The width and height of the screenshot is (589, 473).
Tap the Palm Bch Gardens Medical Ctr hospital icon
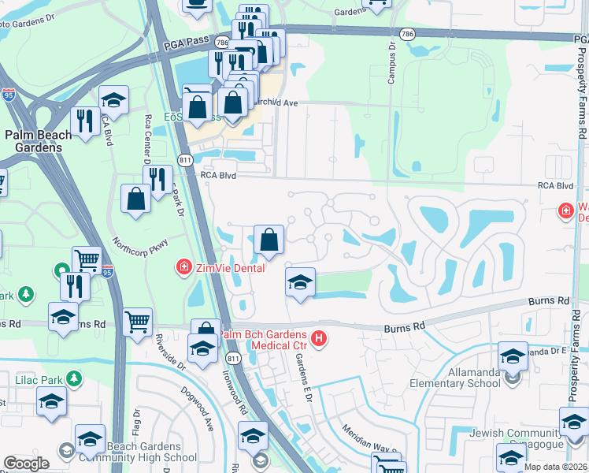[319, 340]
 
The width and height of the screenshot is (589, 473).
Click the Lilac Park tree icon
[73, 379]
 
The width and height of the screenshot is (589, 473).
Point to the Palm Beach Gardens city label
[39, 141]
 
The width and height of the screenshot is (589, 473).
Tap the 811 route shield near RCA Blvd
[185, 160]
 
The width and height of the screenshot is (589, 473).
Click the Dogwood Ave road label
[196, 408]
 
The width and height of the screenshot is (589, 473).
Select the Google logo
[27, 464]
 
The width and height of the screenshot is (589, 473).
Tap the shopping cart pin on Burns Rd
[138, 321]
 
